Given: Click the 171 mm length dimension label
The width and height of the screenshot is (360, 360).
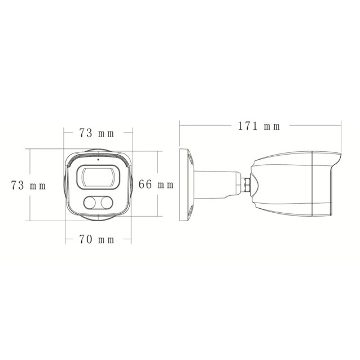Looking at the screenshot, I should [x=258, y=126].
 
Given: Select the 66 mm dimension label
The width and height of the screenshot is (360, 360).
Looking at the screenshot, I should [x=156, y=185].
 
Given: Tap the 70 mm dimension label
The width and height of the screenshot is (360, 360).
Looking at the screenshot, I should [x=96, y=239].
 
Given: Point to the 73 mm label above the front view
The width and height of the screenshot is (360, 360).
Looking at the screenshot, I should [x=96, y=134].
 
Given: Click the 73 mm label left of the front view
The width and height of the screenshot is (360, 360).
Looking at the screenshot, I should [x=28, y=185].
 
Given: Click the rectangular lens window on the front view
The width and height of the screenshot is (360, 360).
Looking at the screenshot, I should [x=99, y=177].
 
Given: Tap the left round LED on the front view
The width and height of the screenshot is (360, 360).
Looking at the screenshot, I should [x=90, y=203].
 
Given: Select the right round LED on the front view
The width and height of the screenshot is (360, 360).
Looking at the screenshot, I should [x=107, y=203].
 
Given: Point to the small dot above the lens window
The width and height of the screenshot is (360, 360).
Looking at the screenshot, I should [x=99, y=159].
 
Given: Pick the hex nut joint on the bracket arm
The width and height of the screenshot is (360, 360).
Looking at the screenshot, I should [x=247, y=184].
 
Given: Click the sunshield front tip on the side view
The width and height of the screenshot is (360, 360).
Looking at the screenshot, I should [x=339, y=156].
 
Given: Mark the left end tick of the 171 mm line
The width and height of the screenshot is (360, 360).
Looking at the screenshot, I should [x=179, y=126].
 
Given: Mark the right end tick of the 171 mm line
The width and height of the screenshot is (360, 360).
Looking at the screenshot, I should [x=342, y=126].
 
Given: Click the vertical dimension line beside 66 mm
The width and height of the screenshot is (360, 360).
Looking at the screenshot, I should [x=158, y=169].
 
